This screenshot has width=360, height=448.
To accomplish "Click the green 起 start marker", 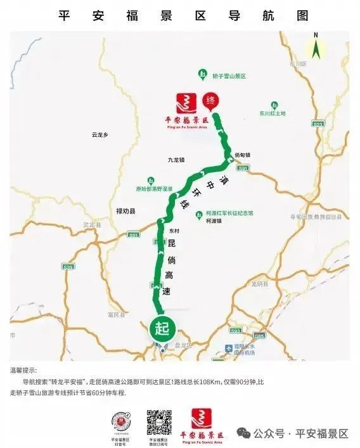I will (160, 329).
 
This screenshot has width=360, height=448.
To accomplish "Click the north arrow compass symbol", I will (315, 48).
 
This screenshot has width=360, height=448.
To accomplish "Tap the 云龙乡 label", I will (100, 134).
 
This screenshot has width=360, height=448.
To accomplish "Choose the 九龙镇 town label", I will (176, 160).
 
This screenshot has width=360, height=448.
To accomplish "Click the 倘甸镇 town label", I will (242, 154).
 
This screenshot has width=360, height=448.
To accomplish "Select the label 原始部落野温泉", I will (153, 188).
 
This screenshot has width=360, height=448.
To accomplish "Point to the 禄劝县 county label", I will (126, 211).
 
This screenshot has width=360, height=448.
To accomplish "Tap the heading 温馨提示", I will (23, 370).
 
